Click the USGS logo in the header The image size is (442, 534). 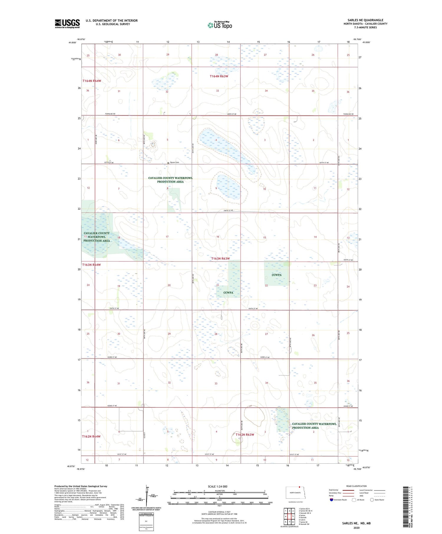coord(67,24)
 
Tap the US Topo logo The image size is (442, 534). coord(220,25)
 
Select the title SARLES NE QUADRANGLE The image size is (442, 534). coord(365,20)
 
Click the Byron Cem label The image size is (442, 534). coord(175,162)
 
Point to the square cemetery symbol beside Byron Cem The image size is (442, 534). coord(168,163)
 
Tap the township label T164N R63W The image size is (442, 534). coord(219,76)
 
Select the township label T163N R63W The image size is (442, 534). coord(220,259)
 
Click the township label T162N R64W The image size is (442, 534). coord(91,436)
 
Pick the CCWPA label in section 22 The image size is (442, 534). coord(277,275)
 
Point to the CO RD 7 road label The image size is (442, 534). coord(144,434)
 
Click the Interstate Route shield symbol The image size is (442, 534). coord(331,500)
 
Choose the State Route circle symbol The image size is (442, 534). coord(372,500)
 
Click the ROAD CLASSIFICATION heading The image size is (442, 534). coord(357,486)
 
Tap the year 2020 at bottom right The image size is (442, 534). coord(357,528)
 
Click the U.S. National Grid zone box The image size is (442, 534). coord(146,522)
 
